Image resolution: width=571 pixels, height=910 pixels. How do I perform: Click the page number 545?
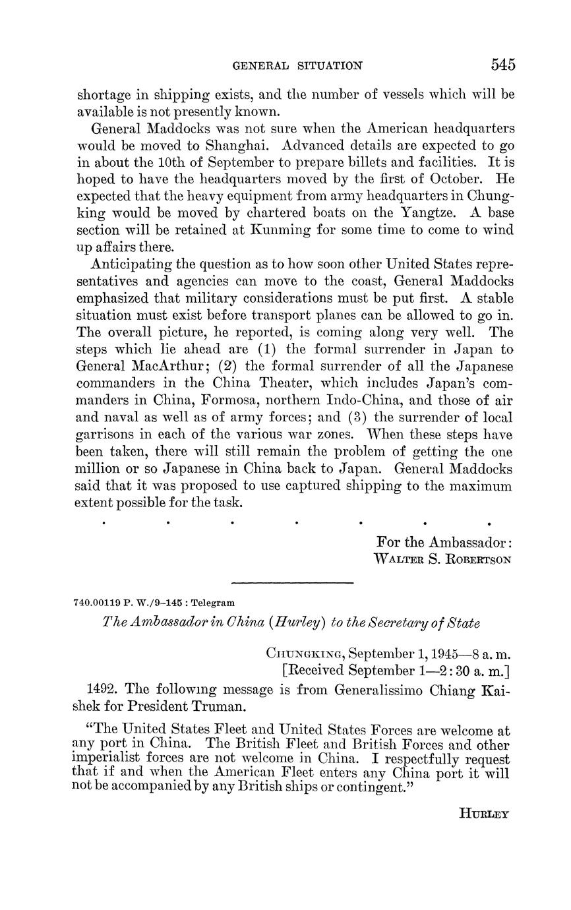[x=502, y=65]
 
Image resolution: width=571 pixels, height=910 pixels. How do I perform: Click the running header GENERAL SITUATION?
[x=298, y=66]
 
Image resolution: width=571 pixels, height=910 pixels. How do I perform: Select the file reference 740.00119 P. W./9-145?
[x=131, y=603]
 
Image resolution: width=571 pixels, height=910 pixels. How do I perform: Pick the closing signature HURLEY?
[x=483, y=814]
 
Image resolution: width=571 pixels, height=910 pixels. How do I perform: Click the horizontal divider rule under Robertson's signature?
[x=293, y=582]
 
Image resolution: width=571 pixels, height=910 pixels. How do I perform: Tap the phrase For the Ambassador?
[x=444, y=542]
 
